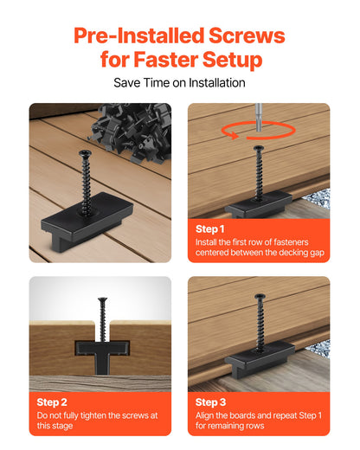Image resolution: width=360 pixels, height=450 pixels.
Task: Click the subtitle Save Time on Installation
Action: pos(179,83)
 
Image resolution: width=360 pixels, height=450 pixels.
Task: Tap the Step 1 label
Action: pos(211,228)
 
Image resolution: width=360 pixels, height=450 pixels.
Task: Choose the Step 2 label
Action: pos(53,402)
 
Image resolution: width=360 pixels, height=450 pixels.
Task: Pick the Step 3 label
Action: pos(211,402)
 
